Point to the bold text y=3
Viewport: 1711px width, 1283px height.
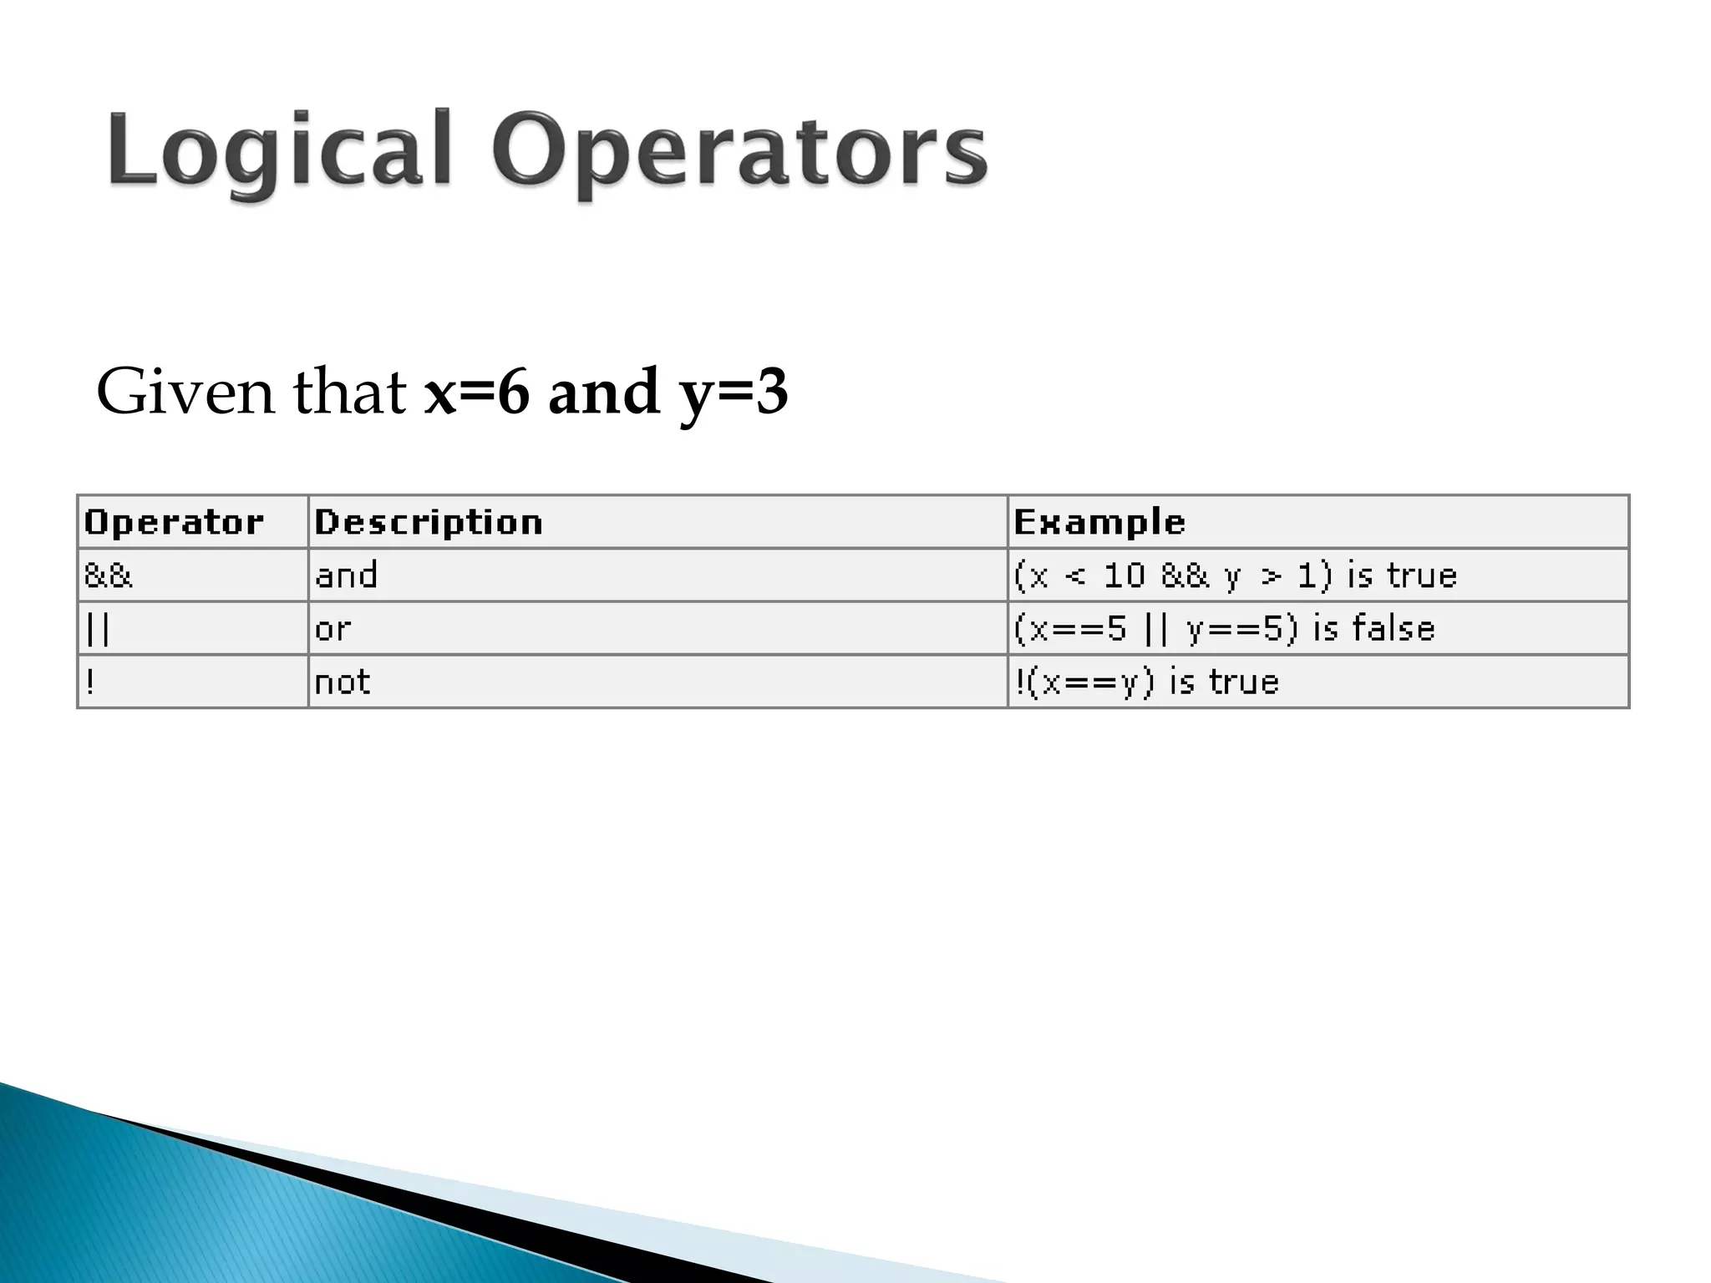pos(734,393)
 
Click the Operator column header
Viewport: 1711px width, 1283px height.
pos(174,522)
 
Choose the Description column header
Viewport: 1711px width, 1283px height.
pos(429,522)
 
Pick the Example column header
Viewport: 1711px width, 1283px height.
pos(1099,522)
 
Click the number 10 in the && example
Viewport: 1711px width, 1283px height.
pos(1124,576)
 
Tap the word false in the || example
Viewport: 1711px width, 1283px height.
pos(1394,628)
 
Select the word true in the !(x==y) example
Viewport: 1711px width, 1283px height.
pos(1244,682)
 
